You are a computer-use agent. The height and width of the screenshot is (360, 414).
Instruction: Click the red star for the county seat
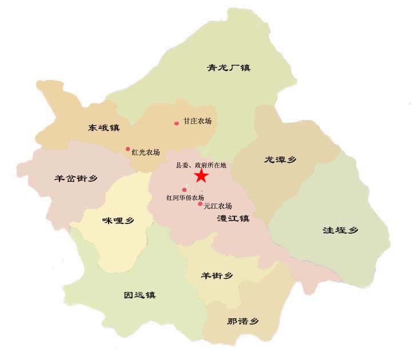[201, 176]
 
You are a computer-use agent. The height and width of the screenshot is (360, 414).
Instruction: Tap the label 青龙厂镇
[229, 68]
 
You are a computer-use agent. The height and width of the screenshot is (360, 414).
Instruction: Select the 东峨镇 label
[104, 128]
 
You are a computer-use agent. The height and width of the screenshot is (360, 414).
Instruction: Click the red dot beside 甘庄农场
[176, 123]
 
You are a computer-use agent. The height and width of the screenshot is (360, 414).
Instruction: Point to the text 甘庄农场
[197, 122]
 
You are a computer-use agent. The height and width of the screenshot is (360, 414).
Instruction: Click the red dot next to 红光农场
[128, 149]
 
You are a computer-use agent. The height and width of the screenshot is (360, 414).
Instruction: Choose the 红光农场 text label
[145, 153]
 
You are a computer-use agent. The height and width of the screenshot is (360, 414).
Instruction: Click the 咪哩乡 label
[118, 221]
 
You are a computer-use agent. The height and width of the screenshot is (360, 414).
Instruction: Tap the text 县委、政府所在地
[201, 165]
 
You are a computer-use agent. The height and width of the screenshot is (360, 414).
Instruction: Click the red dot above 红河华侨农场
[184, 190]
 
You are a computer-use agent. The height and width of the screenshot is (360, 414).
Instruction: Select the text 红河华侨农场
[185, 198]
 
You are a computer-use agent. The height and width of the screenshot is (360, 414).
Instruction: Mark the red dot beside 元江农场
[200, 203]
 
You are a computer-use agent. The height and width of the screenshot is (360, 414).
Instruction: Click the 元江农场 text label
[217, 206]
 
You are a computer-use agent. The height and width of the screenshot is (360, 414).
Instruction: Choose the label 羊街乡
[217, 276]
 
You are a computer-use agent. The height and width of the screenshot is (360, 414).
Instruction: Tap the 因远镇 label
[140, 295]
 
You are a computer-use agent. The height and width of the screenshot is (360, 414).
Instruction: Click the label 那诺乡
[242, 321]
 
